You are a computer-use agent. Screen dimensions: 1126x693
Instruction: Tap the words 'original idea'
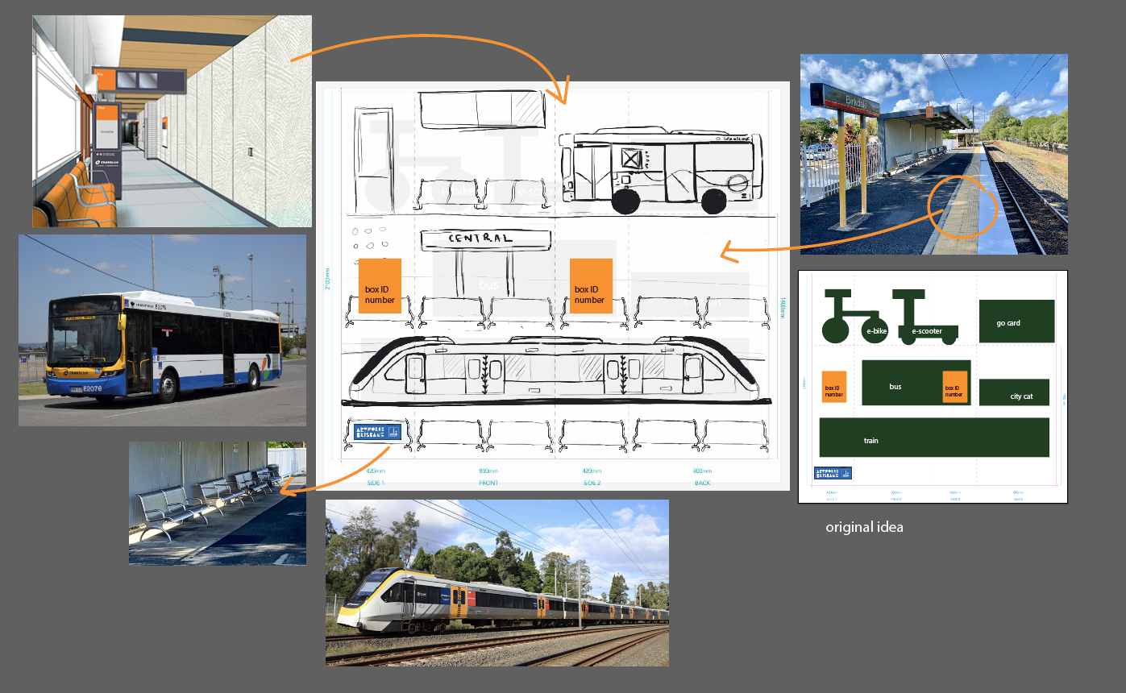[864, 527]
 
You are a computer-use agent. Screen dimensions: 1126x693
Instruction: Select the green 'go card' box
[1016, 322]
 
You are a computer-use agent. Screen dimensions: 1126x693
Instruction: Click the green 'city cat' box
[1014, 392]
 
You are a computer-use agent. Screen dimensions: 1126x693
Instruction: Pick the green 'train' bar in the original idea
[933, 438]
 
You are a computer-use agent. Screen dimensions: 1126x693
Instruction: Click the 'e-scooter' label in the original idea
[927, 331]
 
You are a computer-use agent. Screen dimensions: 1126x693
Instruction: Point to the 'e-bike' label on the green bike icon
[876, 331]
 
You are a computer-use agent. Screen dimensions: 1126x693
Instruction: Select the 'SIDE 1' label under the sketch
[376, 483]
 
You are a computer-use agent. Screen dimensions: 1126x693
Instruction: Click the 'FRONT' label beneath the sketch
[488, 483]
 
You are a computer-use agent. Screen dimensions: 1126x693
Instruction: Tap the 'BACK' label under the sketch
[703, 483]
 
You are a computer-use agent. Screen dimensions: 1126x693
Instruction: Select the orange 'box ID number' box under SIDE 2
[591, 286]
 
